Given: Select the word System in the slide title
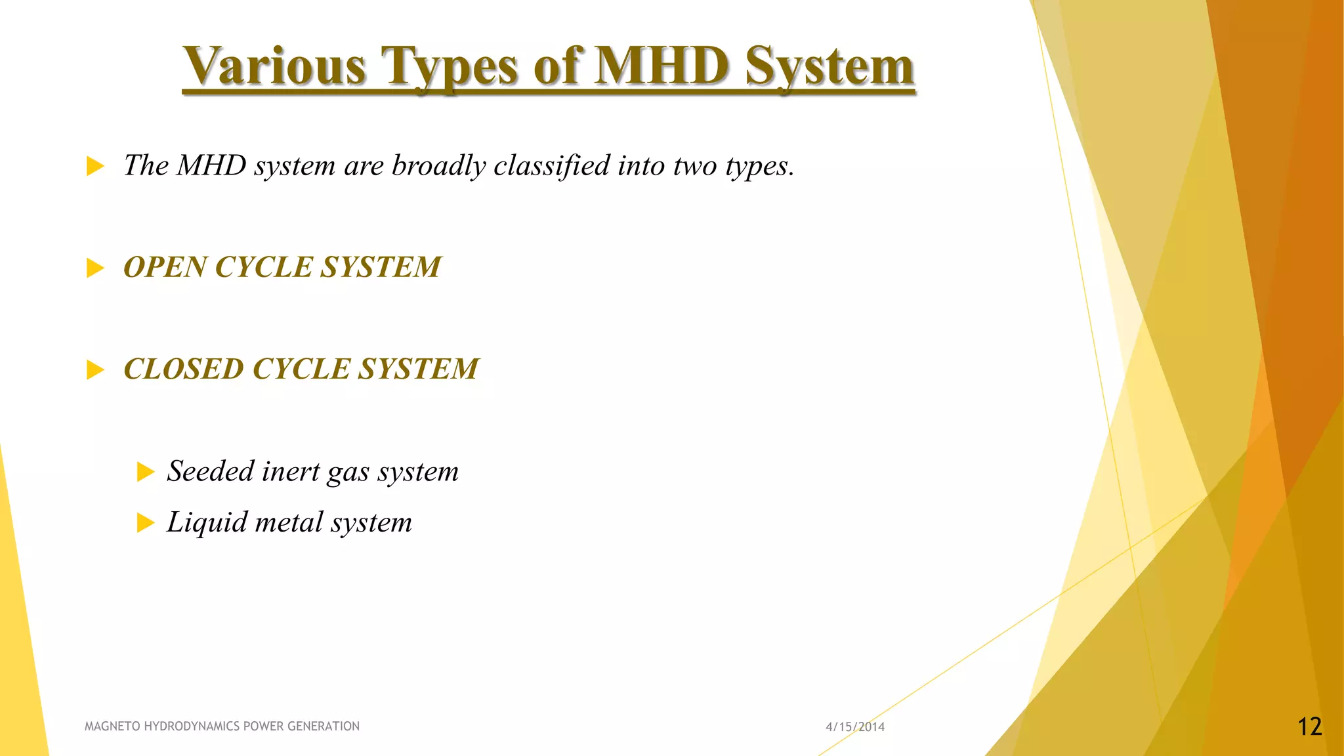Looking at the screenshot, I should [829, 67].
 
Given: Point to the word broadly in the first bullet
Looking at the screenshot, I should [438, 165].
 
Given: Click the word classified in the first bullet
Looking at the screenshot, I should [552, 165].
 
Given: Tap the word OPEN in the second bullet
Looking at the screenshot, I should [165, 267].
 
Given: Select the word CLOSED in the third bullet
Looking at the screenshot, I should [183, 369].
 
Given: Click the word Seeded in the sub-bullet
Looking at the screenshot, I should [210, 471].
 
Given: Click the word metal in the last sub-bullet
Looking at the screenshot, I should [289, 522].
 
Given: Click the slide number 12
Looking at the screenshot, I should [1309, 726].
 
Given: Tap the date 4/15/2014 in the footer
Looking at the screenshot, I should [855, 726].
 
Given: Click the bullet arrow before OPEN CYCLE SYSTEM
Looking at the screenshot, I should [95, 268].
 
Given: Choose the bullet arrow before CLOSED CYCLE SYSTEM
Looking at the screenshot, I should [95, 369].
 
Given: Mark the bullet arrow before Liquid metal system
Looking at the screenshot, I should [145, 523].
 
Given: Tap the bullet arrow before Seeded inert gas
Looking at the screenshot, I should [145, 472].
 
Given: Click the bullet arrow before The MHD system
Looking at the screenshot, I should [95, 166].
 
